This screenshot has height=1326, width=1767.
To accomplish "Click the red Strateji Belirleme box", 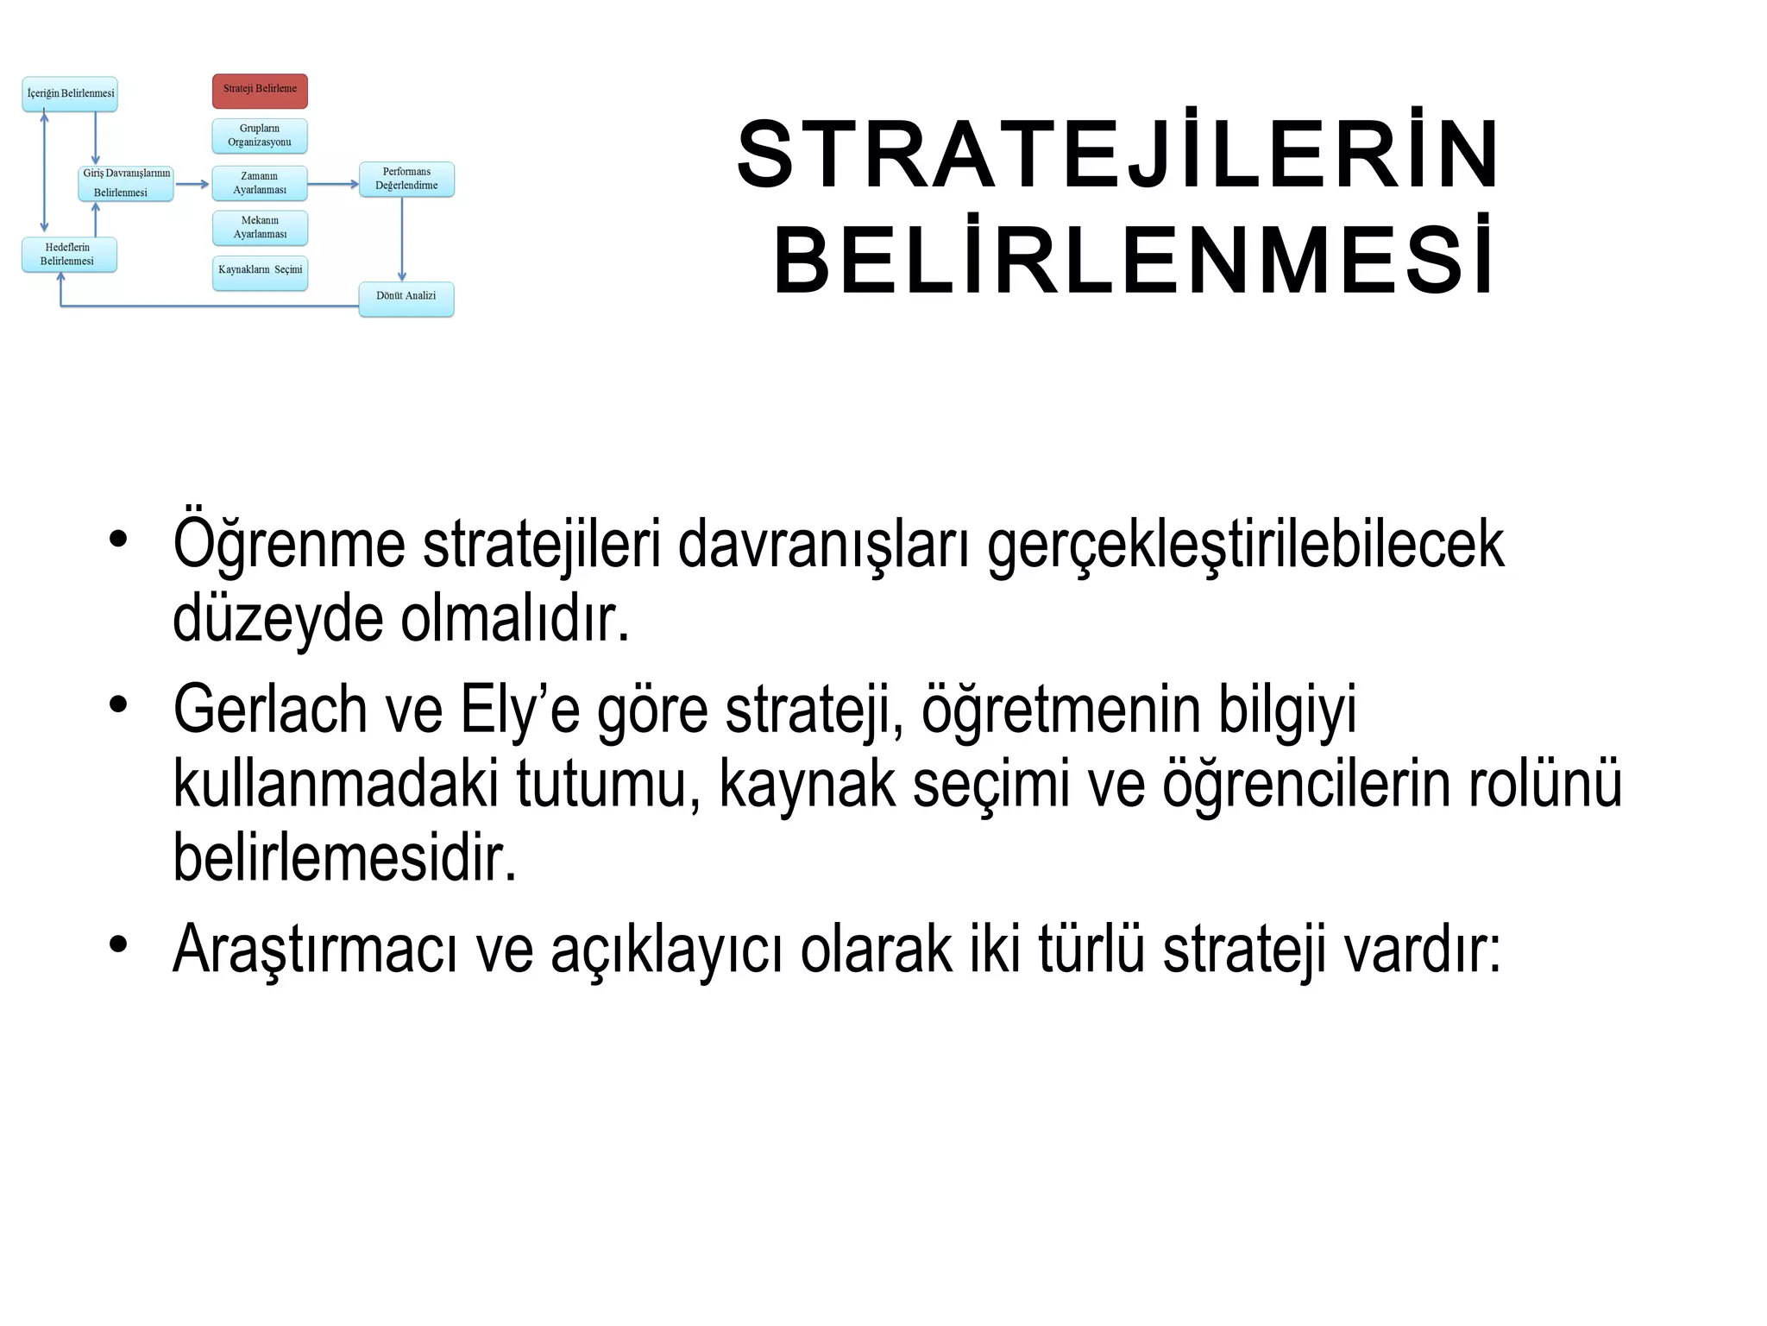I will click(x=260, y=91).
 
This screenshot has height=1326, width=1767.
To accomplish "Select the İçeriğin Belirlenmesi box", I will click(x=70, y=94).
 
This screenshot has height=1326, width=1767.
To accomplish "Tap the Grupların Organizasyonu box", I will click(x=260, y=136).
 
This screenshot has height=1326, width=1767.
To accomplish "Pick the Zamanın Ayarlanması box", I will click(x=260, y=183).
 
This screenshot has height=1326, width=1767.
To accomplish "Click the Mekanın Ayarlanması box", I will click(x=260, y=228).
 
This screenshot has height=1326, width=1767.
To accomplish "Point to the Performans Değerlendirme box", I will click(x=406, y=180).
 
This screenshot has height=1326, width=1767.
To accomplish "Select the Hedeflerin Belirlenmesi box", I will click(x=69, y=255).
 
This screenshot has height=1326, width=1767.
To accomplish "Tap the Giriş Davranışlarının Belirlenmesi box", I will click(x=126, y=183).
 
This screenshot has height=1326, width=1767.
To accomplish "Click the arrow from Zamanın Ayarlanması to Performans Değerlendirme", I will click(x=333, y=184).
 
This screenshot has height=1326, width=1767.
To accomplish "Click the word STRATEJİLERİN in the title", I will click(x=1119, y=155).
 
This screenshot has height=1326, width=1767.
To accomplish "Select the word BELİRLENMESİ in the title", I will click(x=1134, y=259).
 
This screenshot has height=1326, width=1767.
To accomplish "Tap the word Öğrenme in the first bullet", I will click(x=289, y=544).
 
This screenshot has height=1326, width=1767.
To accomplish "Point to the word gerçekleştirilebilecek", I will click(x=1245, y=544).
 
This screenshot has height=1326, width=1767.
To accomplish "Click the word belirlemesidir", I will click(x=344, y=856).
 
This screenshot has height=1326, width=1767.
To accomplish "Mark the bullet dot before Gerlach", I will click(x=118, y=704).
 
